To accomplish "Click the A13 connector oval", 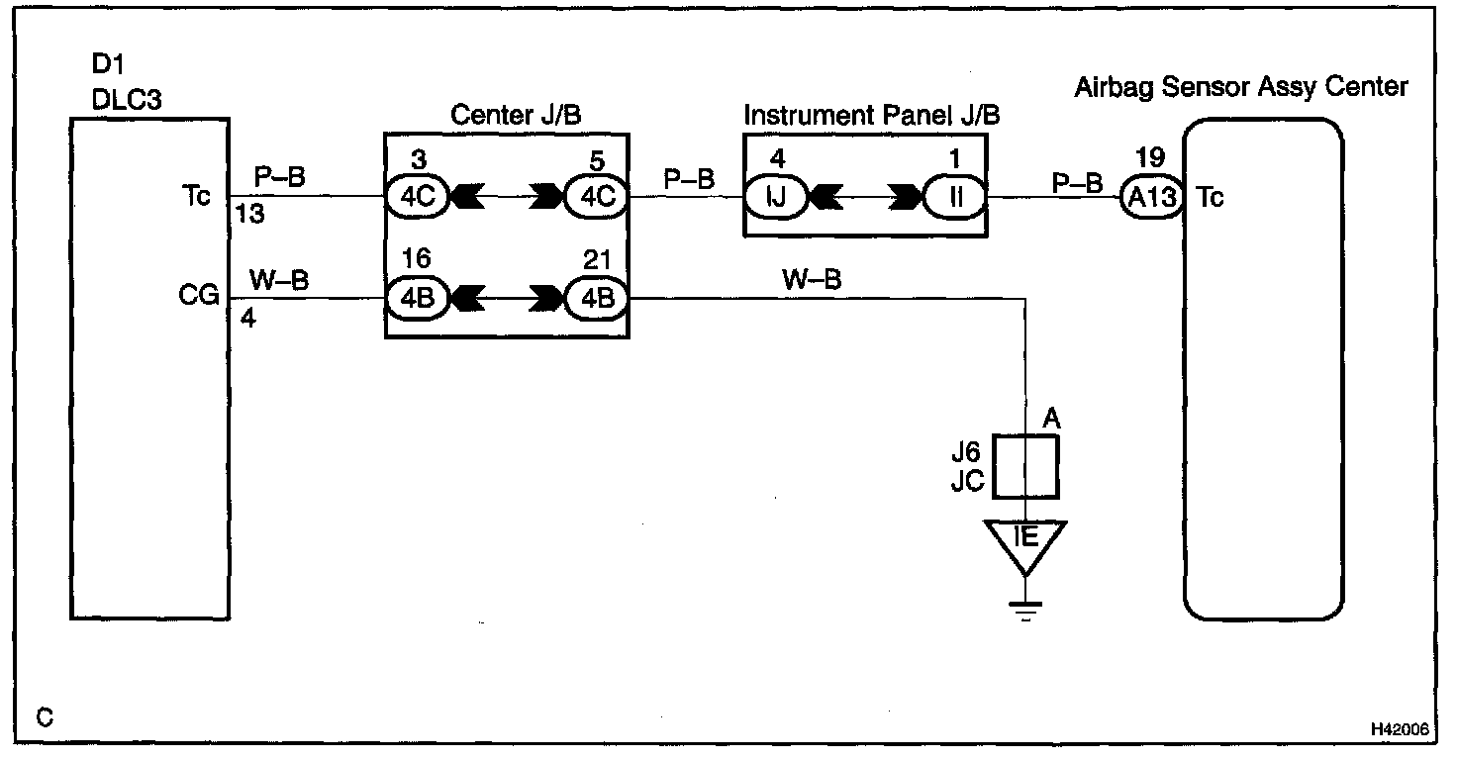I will coord(1152,198).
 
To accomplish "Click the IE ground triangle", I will coord(1025,543).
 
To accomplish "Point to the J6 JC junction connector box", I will coord(1025,465).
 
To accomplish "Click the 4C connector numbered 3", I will coord(417,197).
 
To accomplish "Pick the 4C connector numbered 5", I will coord(596,197).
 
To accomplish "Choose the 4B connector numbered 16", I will coord(417,297).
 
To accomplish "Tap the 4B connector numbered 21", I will coord(596,297).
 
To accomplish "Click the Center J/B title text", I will coord(515,115).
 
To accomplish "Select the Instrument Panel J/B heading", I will coord(871,115).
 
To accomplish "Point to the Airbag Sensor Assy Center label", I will coord(1240,87).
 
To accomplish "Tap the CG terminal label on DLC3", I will coord(199,295).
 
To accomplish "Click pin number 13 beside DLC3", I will coord(250,215).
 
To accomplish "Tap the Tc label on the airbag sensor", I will coord(1210,198).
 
